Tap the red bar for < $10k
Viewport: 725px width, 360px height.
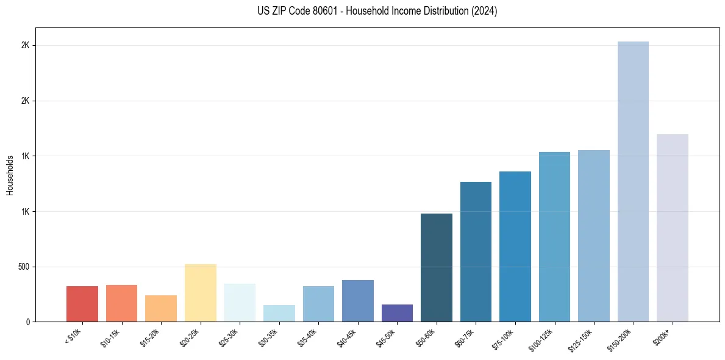tap(82, 304)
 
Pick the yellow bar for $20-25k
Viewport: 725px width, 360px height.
tap(200, 293)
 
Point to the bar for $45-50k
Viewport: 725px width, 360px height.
tap(397, 313)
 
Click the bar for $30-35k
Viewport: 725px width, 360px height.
tap(279, 313)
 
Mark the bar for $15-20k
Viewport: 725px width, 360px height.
tap(161, 308)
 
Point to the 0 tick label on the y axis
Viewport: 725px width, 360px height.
tap(28, 322)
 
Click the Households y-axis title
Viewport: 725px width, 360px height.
tap(10, 175)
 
